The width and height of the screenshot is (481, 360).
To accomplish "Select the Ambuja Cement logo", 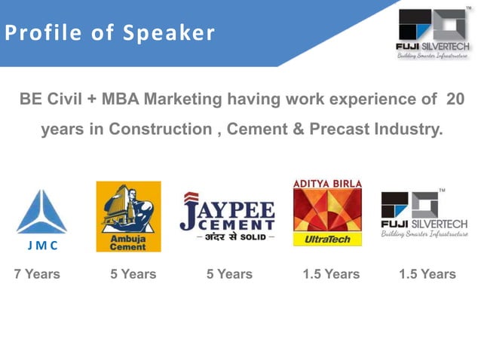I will point(128,217).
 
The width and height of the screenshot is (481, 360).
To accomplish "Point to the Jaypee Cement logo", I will point(227,217).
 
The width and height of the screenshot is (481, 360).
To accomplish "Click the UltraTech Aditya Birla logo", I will point(327,212).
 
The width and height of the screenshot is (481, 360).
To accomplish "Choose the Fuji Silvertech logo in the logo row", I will point(424,215).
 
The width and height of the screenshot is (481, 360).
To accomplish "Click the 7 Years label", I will point(37,274).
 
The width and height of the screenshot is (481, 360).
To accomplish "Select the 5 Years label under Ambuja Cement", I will point(133,274).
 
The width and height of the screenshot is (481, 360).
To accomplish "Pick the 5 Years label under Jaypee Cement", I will point(229,274).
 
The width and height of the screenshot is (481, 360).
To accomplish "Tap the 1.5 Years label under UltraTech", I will point(331,274).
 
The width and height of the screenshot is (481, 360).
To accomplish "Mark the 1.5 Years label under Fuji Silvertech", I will point(427,274).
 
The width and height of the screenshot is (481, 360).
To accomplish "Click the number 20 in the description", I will point(455,99).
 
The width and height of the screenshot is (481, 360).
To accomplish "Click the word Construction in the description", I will point(161,129).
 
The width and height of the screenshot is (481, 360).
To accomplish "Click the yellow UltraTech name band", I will point(327,239).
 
